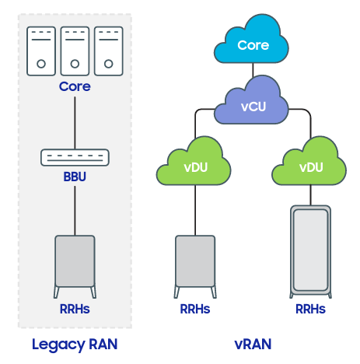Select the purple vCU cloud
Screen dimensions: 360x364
pos(251,103)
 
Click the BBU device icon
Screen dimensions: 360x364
pos(75,157)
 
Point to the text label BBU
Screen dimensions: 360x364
pos(75,177)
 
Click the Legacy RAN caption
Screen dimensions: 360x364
pos(75,345)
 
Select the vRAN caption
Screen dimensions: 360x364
pos(253,345)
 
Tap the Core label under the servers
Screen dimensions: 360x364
pos(75,86)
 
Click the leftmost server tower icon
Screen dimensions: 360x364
pos(41,51)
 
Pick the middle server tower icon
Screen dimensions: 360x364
pos(75,51)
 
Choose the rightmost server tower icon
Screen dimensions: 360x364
pos(109,51)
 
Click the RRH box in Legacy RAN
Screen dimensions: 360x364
pos(75,267)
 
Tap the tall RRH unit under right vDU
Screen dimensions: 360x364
pos(310,252)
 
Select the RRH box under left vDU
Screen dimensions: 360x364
pos(195,267)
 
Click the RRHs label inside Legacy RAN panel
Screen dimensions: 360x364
pos(75,309)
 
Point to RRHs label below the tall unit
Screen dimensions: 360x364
pos(310,309)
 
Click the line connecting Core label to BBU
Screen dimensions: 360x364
pos(75,123)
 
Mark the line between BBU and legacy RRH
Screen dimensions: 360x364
pos(75,211)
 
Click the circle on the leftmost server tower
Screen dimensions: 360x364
pos(41,64)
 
